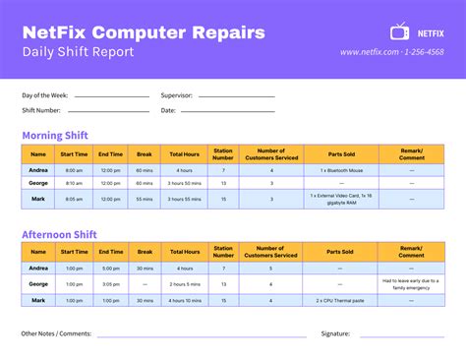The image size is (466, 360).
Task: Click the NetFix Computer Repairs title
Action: (x=143, y=32)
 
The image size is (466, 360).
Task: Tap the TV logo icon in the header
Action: (x=401, y=31)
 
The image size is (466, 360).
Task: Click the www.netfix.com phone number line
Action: (x=391, y=52)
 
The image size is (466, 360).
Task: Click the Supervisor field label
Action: (x=176, y=95)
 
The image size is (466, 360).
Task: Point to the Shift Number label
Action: (x=41, y=110)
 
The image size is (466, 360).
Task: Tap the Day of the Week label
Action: (x=44, y=95)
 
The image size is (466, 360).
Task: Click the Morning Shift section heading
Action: (x=55, y=136)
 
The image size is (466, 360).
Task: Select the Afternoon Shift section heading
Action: (x=61, y=234)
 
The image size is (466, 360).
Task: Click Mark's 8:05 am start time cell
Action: (x=74, y=199)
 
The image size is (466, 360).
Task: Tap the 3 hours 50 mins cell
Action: (x=184, y=183)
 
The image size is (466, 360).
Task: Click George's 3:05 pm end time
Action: (x=110, y=283)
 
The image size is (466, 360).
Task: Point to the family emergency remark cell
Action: (x=411, y=283)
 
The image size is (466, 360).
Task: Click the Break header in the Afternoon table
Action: (x=145, y=252)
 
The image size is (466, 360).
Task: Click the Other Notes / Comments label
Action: (x=56, y=333)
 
